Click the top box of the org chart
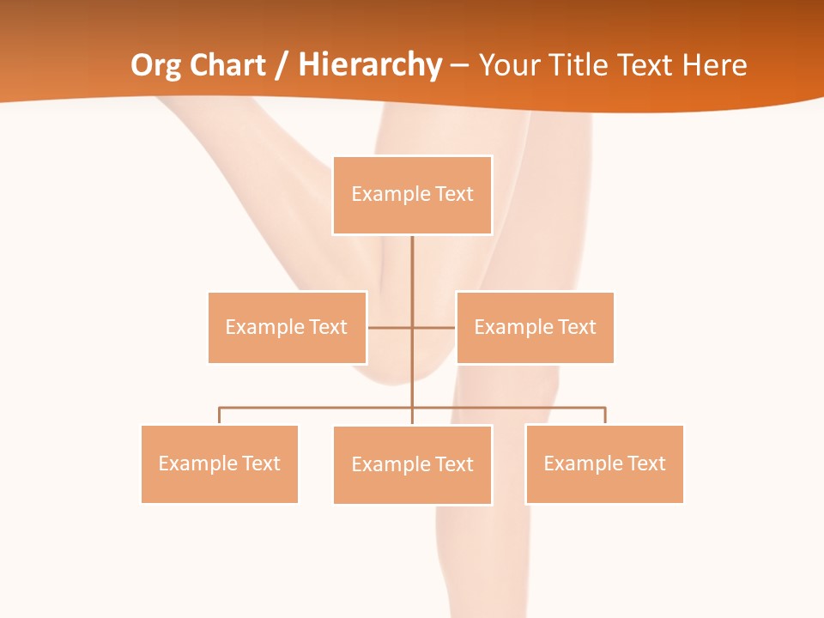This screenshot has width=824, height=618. [x=412, y=195]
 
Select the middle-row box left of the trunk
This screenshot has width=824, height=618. [x=288, y=327]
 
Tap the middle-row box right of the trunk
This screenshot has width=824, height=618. [x=535, y=327]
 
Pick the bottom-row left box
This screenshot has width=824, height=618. [x=220, y=463]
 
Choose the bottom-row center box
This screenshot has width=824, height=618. [x=412, y=464]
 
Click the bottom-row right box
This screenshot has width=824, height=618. [x=604, y=463]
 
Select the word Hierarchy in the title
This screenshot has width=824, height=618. [x=370, y=65]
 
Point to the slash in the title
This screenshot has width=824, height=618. [x=282, y=65]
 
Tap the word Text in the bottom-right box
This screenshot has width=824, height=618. [x=645, y=463]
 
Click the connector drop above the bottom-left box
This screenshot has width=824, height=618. [x=220, y=415]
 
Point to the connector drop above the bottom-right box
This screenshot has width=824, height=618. [x=604, y=415]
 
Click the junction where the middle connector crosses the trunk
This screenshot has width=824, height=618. [x=412, y=327]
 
